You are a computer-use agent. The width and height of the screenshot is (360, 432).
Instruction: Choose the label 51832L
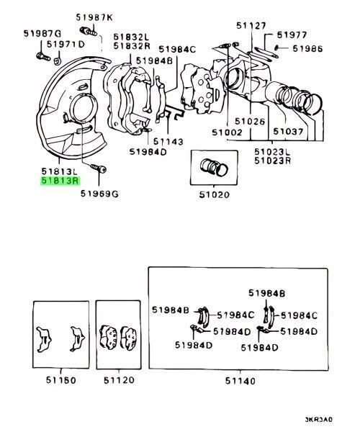[131, 36]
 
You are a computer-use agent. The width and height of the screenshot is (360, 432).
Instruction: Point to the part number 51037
[288, 132]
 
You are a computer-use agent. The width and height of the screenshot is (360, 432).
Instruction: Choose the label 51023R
[274, 162]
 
